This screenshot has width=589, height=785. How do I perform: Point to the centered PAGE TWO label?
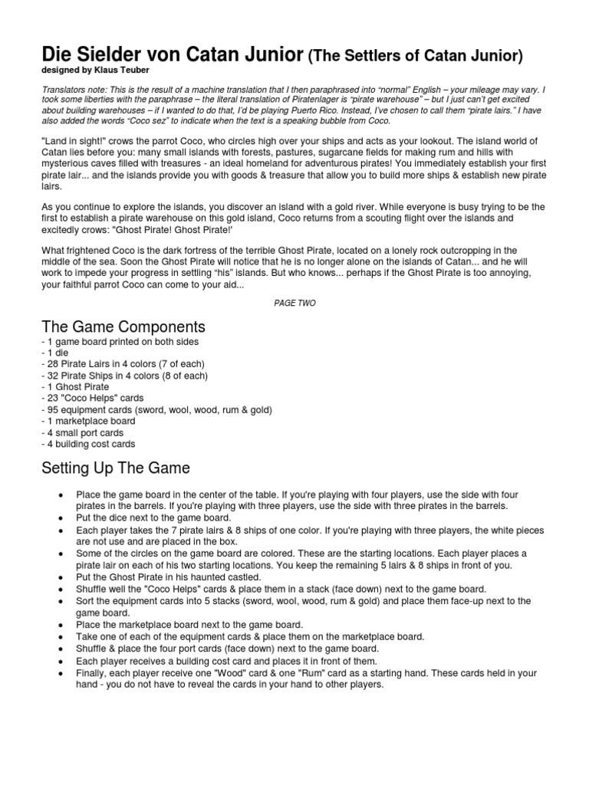294,303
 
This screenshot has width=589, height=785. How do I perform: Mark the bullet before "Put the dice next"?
61,519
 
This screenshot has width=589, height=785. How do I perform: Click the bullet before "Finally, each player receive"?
61,674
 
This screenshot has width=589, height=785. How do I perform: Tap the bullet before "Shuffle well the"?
61,588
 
